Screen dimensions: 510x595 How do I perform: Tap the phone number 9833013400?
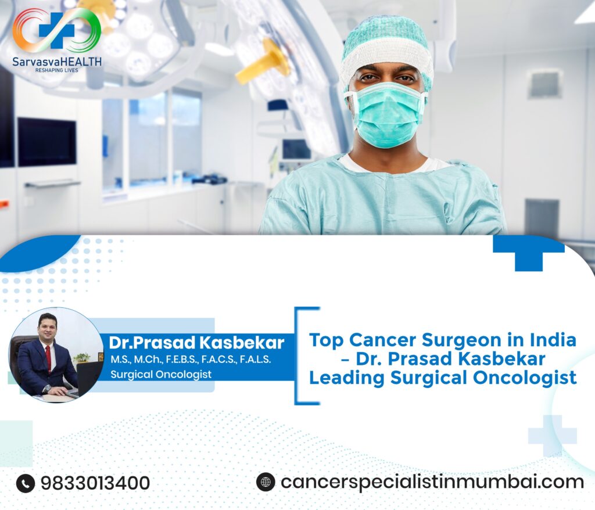pyautogui.click(x=95, y=483)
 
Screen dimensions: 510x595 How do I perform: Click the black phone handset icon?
pyautogui.click(x=25, y=483)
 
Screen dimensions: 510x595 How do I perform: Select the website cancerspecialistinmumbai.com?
pyautogui.click(x=432, y=482)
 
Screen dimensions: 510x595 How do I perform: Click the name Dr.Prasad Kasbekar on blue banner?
pyautogui.click(x=196, y=342)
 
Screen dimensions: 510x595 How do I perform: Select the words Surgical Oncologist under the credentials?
pyautogui.click(x=161, y=375)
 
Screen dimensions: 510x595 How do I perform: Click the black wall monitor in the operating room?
pyautogui.click(x=46, y=142)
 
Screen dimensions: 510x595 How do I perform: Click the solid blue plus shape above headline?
pyautogui.click(x=528, y=250)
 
